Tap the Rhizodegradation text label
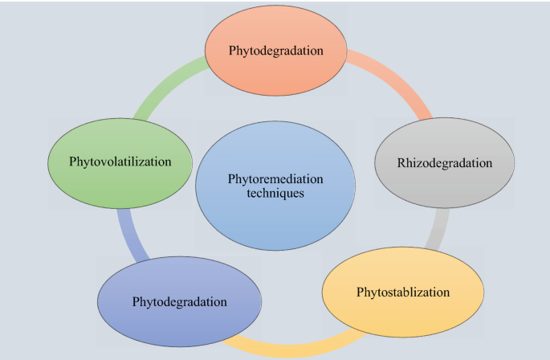click(x=444, y=163)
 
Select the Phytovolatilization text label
click(x=120, y=162)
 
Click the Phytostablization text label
click(x=402, y=291)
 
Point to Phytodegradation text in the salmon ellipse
click(x=275, y=51)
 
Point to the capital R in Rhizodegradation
click(x=401, y=163)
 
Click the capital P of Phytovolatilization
click(x=71, y=162)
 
